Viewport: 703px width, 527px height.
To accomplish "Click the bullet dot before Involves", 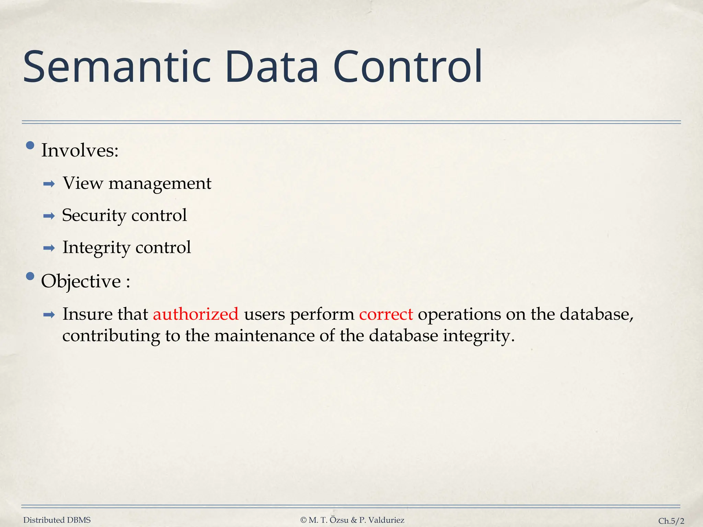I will pyautogui.click(x=30, y=145).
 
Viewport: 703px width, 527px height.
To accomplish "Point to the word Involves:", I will pyautogui.click(x=80, y=151).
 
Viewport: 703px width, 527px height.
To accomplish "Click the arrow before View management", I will pyautogui.click(x=49, y=184).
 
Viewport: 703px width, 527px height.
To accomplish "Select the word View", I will pyautogui.click(x=83, y=183).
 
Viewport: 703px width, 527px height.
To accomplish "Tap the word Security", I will pyautogui.click(x=94, y=216).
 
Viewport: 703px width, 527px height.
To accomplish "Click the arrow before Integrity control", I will pyautogui.click(x=49, y=248).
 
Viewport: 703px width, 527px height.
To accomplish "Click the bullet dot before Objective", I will pyautogui.click(x=30, y=276).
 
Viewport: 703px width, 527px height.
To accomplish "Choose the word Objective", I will pyautogui.click(x=81, y=282).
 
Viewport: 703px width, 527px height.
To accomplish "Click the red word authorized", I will pyautogui.click(x=196, y=314).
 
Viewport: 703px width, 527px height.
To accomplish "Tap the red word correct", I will pyautogui.click(x=386, y=314).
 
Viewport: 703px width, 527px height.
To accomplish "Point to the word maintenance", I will pyautogui.click(x=264, y=336).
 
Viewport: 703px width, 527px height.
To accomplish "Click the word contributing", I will pyautogui.click(x=111, y=336).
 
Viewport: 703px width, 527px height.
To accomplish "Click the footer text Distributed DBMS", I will pyautogui.click(x=57, y=520).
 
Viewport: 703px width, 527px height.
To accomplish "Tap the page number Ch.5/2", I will pyautogui.click(x=671, y=521).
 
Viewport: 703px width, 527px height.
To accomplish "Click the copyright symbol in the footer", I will pyautogui.click(x=303, y=520).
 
